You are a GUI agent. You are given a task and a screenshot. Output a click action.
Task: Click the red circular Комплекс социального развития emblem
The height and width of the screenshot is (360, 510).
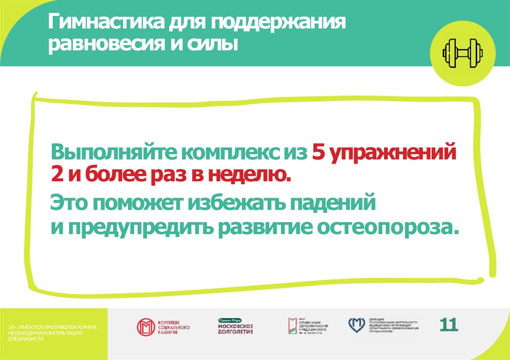click(x=146, y=327)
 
